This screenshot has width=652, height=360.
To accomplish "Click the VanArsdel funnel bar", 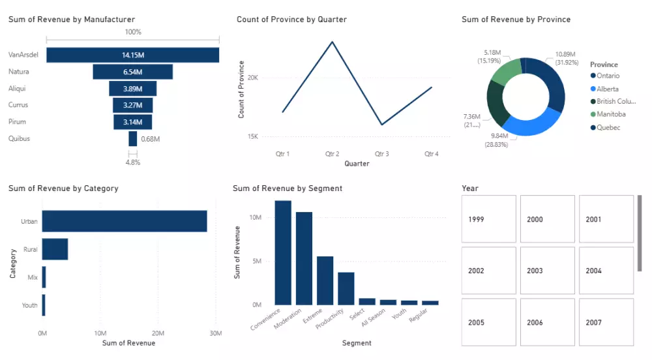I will pyautogui.click(x=132, y=55).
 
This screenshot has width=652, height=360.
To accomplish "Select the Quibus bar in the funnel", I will pyautogui.click(x=133, y=138).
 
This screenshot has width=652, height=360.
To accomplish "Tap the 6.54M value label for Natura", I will pyautogui.click(x=132, y=72).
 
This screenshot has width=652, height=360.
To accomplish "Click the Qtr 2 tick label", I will pyautogui.click(x=333, y=154).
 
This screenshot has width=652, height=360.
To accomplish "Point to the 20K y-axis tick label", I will pyautogui.click(x=253, y=78).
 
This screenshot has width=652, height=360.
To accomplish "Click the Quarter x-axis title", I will pyautogui.click(x=357, y=164).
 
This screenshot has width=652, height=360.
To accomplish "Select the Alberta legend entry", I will pyautogui.click(x=607, y=89).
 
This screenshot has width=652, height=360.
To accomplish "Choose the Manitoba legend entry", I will pyautogui.click(x=611, y=114).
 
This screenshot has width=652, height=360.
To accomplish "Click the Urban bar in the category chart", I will pyautogui.click(x=125, y=221).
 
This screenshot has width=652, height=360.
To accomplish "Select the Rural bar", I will pyautogui.click(x=55, y=249).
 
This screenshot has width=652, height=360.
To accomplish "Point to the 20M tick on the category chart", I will pyautogui.click(x=157, y=333).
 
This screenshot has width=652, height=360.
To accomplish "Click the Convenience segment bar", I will pyautogui.click(x=283, y=252).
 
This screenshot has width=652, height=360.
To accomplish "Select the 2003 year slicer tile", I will pyautogui.click(x=547, y=271).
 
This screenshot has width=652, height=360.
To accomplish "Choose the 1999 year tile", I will pyautogui.click(x=488, y=219).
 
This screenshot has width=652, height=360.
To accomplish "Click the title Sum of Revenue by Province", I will pyautogui.click(x=516, y=20).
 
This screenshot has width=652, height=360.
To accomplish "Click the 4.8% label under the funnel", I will pyautogui.click(x=133, y=162).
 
